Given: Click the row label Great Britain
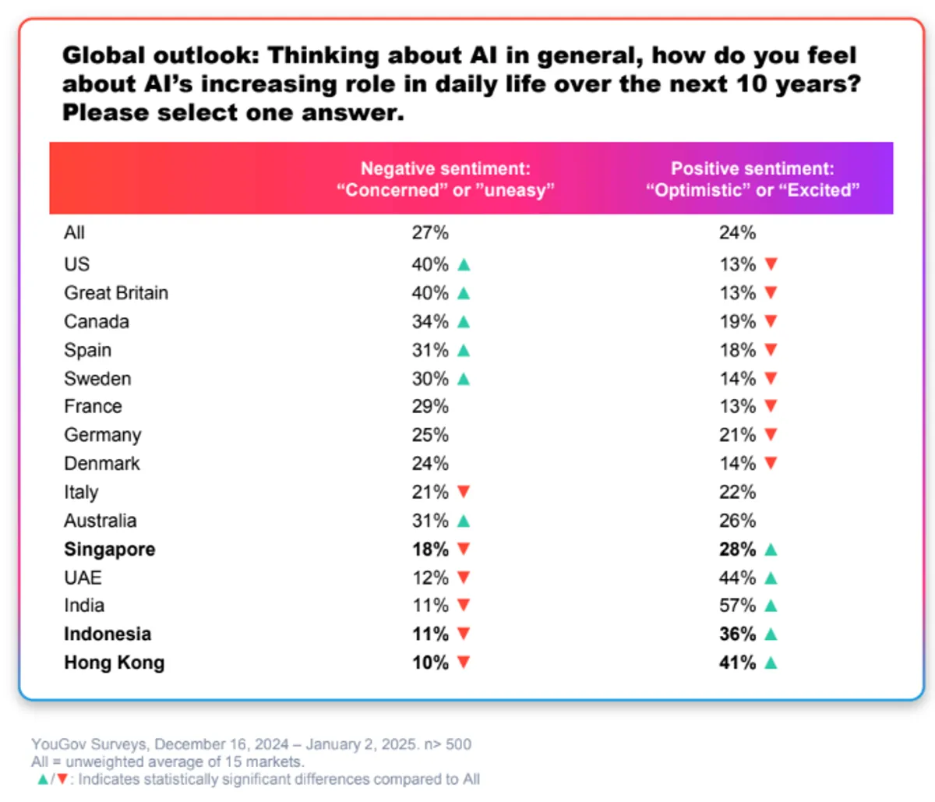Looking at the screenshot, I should point(116,293).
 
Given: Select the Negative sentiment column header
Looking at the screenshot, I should point(445,179).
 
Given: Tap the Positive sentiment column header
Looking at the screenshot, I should point(752,179).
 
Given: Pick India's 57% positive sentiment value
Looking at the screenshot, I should point(737,606).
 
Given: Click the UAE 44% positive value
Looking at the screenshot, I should point(737,578).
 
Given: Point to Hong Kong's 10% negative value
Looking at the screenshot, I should point(430,662).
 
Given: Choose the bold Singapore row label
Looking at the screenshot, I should point(109,549).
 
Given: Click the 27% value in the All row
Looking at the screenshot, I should point(430,232).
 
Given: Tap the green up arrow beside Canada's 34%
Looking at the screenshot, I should point(464,322).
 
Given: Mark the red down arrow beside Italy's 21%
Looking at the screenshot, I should point(464,492).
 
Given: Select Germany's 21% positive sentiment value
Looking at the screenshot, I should point(737,435).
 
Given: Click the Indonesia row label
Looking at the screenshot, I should point(108,634).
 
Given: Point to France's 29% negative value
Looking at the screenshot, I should point(430,406).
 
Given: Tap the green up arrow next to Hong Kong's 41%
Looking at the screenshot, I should point(771,663).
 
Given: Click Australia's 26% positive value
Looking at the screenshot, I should point(737,521).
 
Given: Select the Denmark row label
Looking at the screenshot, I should point(102,464).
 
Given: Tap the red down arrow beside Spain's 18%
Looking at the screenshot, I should point(771,351).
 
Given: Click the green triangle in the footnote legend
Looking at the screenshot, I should point(43,779).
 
